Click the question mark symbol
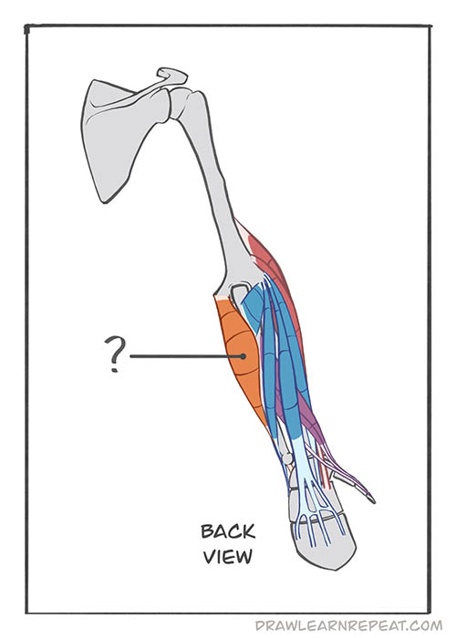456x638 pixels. point(114,354)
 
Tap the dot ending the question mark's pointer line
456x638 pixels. point(244,356)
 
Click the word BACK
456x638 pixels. point(228,531)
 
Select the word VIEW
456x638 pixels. point(228,556)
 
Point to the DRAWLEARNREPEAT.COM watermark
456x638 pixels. point(348,625)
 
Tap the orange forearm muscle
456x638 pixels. point(240,358)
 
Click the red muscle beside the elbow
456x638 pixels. point(274,269)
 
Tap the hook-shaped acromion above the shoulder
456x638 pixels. point(172,76)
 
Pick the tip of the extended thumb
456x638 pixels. point(372,499)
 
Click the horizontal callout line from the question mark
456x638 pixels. point(186,356)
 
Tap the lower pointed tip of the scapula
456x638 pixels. point(105,201)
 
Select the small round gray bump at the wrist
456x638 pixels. point(287,458)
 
